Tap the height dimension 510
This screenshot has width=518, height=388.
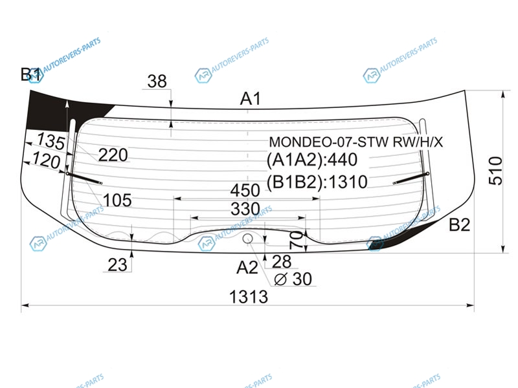[495, 171]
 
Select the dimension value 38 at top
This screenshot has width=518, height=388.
[157, 81]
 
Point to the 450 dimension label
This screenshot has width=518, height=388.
[246, 190]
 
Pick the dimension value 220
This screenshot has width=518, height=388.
[113, 155]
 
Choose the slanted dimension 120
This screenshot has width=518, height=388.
[46, 160]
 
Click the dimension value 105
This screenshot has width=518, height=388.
[117, 200]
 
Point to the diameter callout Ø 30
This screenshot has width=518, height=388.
[293, 279]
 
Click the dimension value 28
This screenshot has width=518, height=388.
[282, 261]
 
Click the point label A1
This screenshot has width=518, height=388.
[251, 99]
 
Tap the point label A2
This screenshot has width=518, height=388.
[247, 266]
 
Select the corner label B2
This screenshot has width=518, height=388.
[459, 225]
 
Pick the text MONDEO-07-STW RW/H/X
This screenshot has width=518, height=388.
[356, 142]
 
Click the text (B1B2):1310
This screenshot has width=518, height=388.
[317, 182]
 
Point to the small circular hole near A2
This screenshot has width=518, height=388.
[248, 239]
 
